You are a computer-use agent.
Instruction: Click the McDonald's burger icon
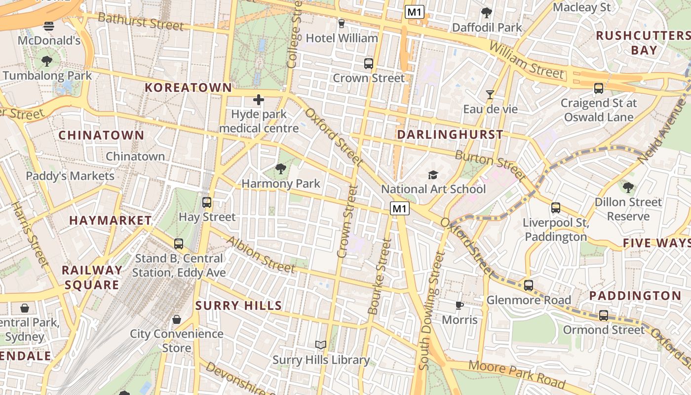49,26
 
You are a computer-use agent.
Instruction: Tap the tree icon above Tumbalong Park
47,61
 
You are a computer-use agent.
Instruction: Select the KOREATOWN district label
188,88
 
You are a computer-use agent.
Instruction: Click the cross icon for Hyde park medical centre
258,100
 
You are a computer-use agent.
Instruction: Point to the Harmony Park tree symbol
281,169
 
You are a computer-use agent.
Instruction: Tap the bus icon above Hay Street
207,202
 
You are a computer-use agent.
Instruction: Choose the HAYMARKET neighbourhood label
111,220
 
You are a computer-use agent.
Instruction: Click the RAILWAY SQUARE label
92,277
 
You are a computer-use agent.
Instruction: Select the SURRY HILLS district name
238,306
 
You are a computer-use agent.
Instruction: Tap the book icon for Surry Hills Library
321,345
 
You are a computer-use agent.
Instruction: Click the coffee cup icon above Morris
459,305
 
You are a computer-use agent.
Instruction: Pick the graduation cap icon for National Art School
433,175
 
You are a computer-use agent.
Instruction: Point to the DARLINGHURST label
450,134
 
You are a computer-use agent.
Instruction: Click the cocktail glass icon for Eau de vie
490,94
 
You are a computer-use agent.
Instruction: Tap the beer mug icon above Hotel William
341,23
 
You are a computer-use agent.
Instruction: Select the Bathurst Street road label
140,22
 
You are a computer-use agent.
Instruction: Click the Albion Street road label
261,254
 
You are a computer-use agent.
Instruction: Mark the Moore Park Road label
516,374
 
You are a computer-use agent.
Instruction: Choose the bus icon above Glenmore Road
529,285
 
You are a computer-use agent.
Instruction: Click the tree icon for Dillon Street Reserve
628,188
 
